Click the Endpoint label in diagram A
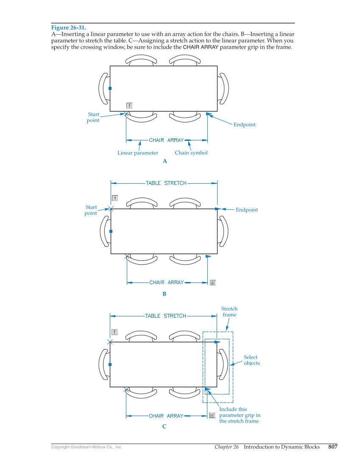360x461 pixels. click(244, 125)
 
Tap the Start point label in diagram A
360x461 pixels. click(93, 117)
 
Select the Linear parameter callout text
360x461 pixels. click(137, 153)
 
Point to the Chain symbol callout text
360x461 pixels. click(191, 153)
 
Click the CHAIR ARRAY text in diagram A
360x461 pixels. click(166, 140)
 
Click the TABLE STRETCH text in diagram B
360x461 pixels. click(166, 183)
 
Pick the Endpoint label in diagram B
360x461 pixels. click(246, 210)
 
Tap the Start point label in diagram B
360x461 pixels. click(91, 210)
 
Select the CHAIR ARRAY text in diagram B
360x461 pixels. click(167, 282)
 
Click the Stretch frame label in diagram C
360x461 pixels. click(229, 312)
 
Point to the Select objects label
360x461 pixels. click(251, 360)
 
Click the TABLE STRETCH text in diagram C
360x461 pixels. click(165, 316)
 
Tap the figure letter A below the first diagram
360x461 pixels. click(165, 161)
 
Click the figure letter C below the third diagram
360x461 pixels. click(164, 427)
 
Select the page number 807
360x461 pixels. click(332, 447)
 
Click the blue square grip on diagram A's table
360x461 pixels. click(110, 89)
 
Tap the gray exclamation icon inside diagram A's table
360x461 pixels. click(129, 106)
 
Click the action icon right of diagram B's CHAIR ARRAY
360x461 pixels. click(213, 282)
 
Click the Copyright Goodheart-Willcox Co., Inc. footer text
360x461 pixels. click(87, 447)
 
